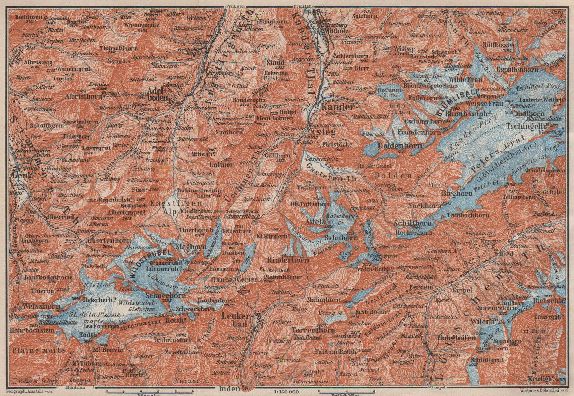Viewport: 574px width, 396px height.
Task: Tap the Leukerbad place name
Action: [x=235, y=320]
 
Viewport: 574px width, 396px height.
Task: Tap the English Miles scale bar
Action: [x=346, y=389]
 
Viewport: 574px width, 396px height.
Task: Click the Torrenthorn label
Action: [x=309, y=330]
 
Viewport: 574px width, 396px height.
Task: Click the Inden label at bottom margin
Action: [x=229, y=388]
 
